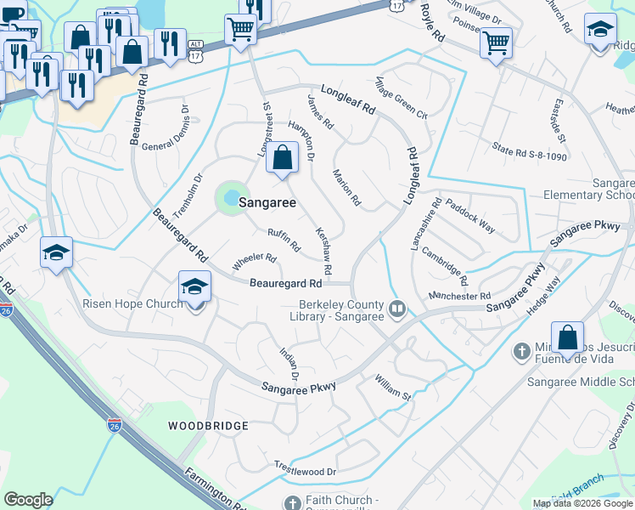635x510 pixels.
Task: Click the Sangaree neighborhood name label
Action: pos(267,203)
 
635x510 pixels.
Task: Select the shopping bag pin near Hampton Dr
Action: pos(282,159)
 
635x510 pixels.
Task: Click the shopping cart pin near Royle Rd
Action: pos(496,42)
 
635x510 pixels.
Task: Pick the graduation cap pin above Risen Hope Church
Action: pos(194,288)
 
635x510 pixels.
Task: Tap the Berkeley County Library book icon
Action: pos(396,308)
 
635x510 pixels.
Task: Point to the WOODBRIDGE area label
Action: pos(208,425)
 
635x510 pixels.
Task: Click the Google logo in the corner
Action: pos(28,500)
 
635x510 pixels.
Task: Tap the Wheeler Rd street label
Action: pos(255,258)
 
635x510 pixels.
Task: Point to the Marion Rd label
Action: pos(347,188)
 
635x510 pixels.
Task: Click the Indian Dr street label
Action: pos(290,364)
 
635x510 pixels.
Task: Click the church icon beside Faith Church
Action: pos(293,501)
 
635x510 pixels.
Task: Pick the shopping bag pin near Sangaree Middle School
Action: pos(566,337)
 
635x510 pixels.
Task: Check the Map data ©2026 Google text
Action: pos(582,503)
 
